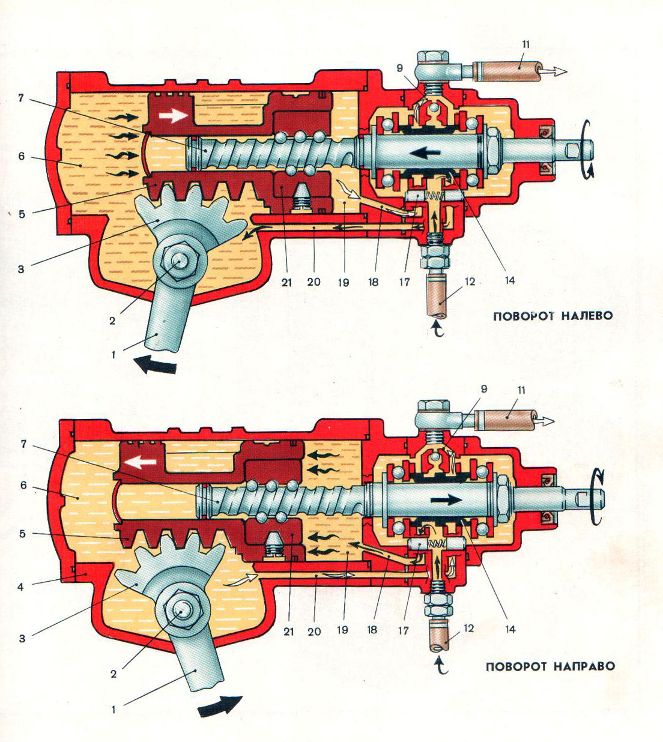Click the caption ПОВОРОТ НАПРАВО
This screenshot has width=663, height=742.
point(550,666)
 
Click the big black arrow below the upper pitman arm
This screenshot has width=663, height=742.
point(154,364)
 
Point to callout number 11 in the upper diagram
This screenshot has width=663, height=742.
point(526,44)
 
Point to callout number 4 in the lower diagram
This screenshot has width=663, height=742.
point(20,587)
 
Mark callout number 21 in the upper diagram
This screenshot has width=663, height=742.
point(286,282)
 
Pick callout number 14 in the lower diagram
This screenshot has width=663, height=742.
point(510,629)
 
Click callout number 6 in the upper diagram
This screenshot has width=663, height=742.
point(22,156)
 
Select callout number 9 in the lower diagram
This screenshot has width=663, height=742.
point(483,389)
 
